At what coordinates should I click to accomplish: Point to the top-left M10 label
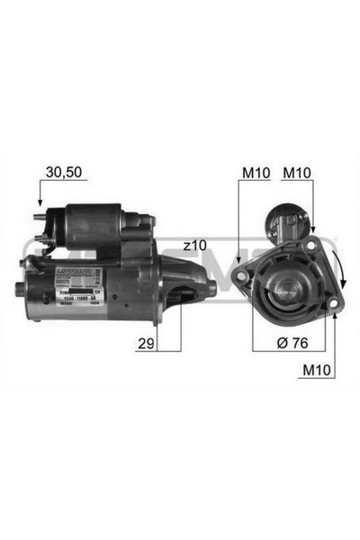coord(255,171)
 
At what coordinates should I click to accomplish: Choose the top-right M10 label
coord(297,171)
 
